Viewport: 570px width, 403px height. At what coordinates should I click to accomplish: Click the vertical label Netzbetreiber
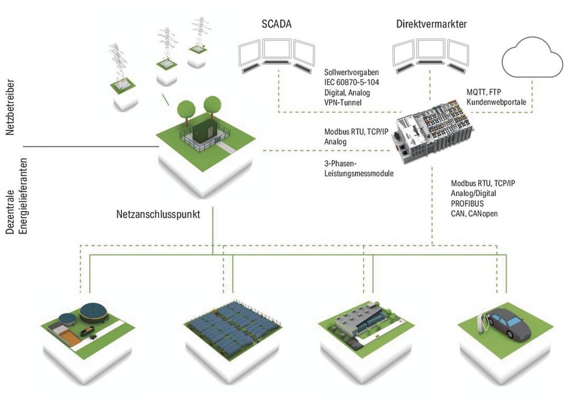[10, 112]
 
